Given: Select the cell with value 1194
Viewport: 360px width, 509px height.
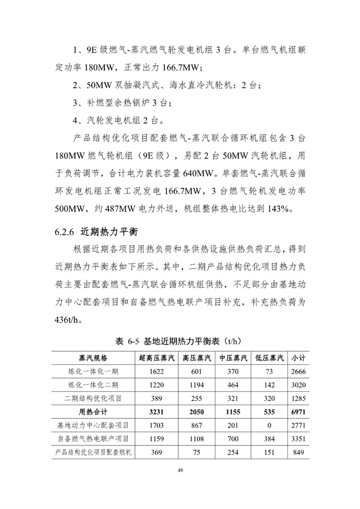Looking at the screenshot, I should [x=197, y=385].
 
